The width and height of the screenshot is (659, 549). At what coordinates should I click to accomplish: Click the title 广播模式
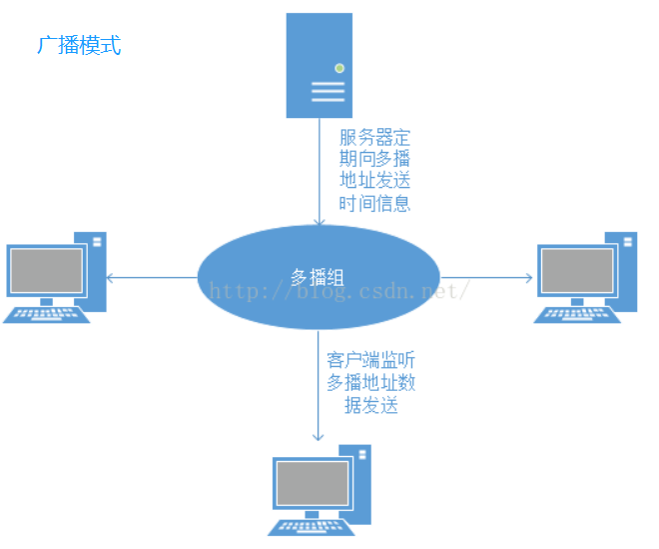[x=79, y=45]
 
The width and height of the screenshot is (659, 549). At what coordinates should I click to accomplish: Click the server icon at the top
[x=319, y=65]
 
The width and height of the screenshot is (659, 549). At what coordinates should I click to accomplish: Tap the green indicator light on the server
[x=339, y=68]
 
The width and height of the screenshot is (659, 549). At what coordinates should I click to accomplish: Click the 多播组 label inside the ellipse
[x=318, y=277]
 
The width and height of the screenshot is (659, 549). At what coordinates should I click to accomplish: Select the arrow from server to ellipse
[x=319, y=170]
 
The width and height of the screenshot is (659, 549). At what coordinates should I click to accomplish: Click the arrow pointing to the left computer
[x=150, y=277]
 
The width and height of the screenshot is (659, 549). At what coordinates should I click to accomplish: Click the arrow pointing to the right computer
[x=487, y=277]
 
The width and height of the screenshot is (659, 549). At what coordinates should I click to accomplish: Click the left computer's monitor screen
[x=46, y=270]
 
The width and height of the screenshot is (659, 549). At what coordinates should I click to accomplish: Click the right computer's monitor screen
[x=576, y=270]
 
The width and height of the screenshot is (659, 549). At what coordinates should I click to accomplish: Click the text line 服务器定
[x=374, y=137]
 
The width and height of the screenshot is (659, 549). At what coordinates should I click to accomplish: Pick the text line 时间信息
[x=374, y=203]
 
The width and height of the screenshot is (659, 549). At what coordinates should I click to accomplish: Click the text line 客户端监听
[x=370, y=360]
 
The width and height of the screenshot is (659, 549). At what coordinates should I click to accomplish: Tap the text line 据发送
[x=370, y=405]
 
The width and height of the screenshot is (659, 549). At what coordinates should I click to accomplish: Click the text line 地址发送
[x=374, y=181]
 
